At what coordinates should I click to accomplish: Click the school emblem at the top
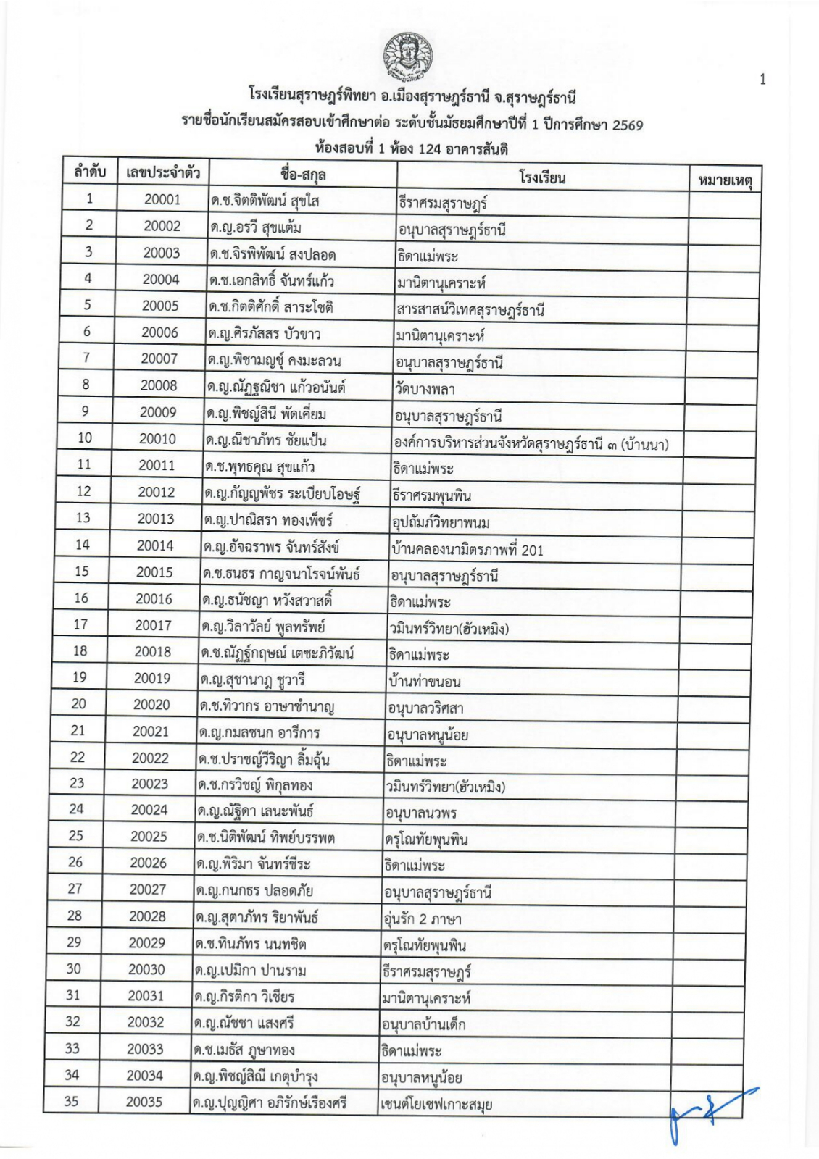coord(406,59)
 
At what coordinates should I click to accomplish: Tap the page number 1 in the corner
coord(762,80)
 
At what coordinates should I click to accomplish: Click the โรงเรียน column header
coord(542,176)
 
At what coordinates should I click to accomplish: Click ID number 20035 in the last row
coord(144,1102)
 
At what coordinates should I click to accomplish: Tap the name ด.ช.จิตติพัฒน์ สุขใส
coord(265,201)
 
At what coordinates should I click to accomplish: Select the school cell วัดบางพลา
coord(425,389)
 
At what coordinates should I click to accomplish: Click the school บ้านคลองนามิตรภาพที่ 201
coord(467,549)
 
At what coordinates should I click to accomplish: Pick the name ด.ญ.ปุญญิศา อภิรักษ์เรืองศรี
coord(270,1103)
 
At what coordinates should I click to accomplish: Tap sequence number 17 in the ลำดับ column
coord(80,624)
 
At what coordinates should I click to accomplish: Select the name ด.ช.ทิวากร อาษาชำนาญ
coord(267,706)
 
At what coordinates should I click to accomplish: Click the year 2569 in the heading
coord(627,124)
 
